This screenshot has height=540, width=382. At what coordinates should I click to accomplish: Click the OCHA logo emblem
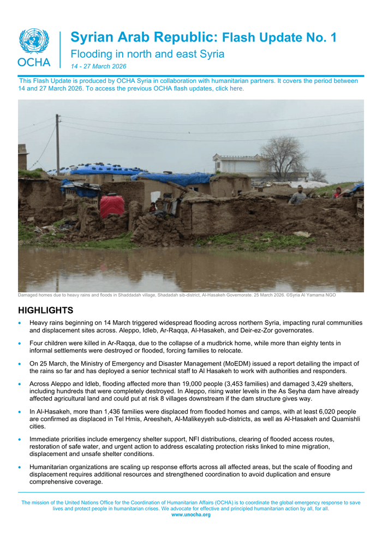coord(34,41)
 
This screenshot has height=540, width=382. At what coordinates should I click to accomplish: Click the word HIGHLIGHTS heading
coord(46,311)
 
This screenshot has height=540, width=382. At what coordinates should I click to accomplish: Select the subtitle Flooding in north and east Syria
coord(147,54)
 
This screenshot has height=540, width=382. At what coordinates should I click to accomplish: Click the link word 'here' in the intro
coord(236,88)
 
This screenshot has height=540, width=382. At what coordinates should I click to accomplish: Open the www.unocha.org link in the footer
coord(190,514)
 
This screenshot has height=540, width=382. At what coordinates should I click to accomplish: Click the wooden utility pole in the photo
coord(58,145)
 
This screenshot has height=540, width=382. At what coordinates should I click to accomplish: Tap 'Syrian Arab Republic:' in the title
coord(145,38)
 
